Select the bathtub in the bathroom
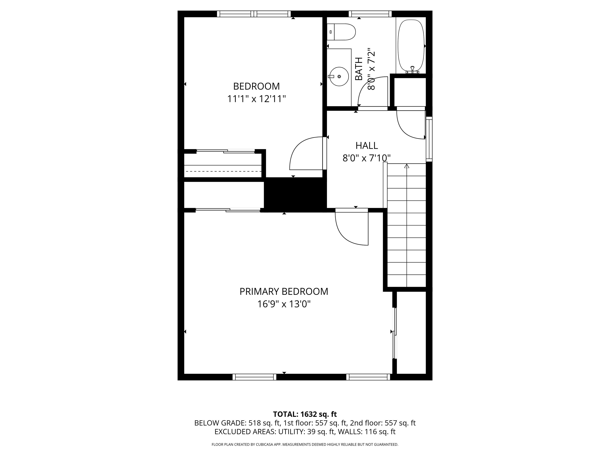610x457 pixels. [411, 45]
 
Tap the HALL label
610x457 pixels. [367, 145]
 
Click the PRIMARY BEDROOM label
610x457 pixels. [284, 291]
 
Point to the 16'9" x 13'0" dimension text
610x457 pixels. [284, 304]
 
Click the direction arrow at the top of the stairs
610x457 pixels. [406, 166]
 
